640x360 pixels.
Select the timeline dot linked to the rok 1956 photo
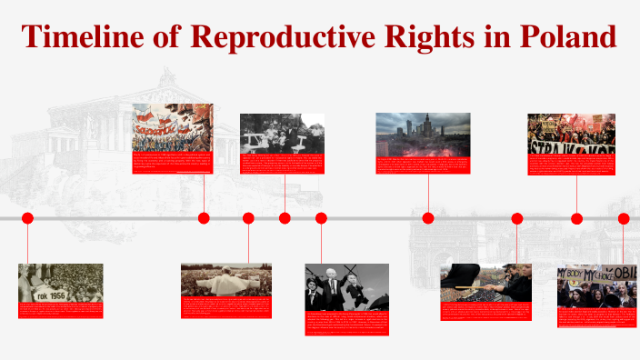(27, 218)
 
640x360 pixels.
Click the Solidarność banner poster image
(173, 126)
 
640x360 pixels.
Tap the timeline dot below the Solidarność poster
(204, 218)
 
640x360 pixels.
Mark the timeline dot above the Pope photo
(248, 218)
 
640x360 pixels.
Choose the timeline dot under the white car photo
(285, 218)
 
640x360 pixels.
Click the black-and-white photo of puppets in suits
(346, 285)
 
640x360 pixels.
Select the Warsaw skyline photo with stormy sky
(423, 134)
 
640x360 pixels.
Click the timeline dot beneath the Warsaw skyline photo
(428, 218)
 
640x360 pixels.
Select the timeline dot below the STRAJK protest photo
(576, 218)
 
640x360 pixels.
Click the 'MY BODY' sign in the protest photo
(582, 274)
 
